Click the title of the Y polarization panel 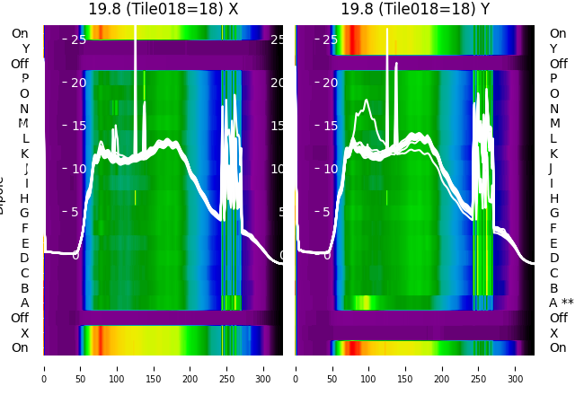click(x=415, y=9)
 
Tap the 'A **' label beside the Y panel click(x=562, y=303)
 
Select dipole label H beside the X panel click(x=24, y=198)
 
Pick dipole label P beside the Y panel click(x=554, y=79)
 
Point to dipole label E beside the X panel click(x=24, y=243)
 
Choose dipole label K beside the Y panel click(x=554, y=154)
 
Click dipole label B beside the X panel click(x=24, y=288)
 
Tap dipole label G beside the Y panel click(x=554, y=214)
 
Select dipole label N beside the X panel click(x=24, y=109)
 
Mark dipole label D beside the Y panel click(x=554, y=259)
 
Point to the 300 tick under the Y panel click(x=517, y=367)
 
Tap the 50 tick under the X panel click(x=80, y=367)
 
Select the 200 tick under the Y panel click(x=443, y=367)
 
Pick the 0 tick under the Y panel click(x=296, y=367)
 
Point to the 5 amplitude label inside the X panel click(x=75, y=212)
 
